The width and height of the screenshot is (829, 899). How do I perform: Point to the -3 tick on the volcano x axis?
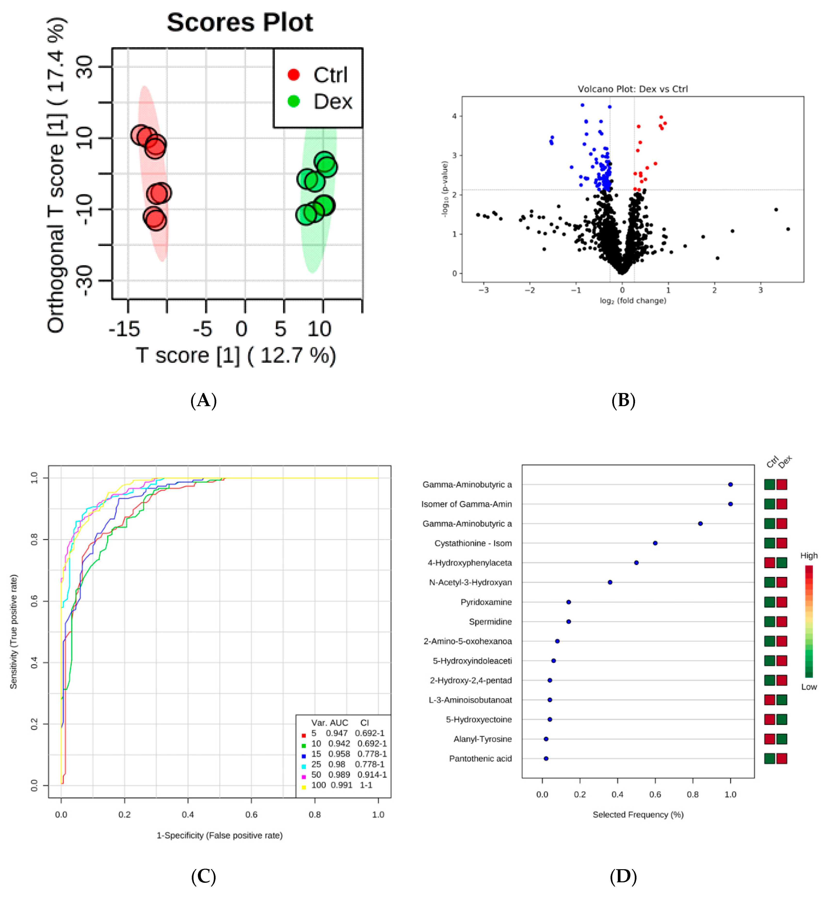[x=483, y=290]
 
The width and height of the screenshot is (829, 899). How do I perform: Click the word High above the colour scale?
[x=809, y=556]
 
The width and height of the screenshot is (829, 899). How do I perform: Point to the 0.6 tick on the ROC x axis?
[x=251, y=814]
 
